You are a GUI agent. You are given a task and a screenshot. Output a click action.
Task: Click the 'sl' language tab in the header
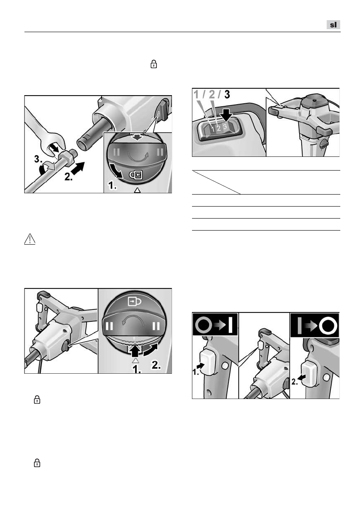pos(333,25)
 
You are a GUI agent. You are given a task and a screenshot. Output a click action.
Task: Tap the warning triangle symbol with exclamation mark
pos(30,239)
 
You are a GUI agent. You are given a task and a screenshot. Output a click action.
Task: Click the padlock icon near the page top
pos(154,64)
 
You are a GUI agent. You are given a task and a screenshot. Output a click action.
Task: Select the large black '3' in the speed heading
pos(227,94)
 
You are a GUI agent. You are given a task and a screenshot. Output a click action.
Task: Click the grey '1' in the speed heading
pos(197,94)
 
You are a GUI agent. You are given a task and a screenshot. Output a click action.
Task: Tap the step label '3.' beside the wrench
pos(39,159)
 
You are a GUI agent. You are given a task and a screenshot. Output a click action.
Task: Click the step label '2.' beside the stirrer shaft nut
pos(68,177)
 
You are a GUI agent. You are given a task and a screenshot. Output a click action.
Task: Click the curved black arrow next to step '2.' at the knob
pos(152,350)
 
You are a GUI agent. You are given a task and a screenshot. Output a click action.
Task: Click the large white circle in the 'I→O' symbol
pos(328,325)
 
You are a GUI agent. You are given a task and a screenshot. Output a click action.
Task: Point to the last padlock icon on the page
pos(37,462)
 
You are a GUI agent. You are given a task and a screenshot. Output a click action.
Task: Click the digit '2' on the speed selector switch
pos(219,128)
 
